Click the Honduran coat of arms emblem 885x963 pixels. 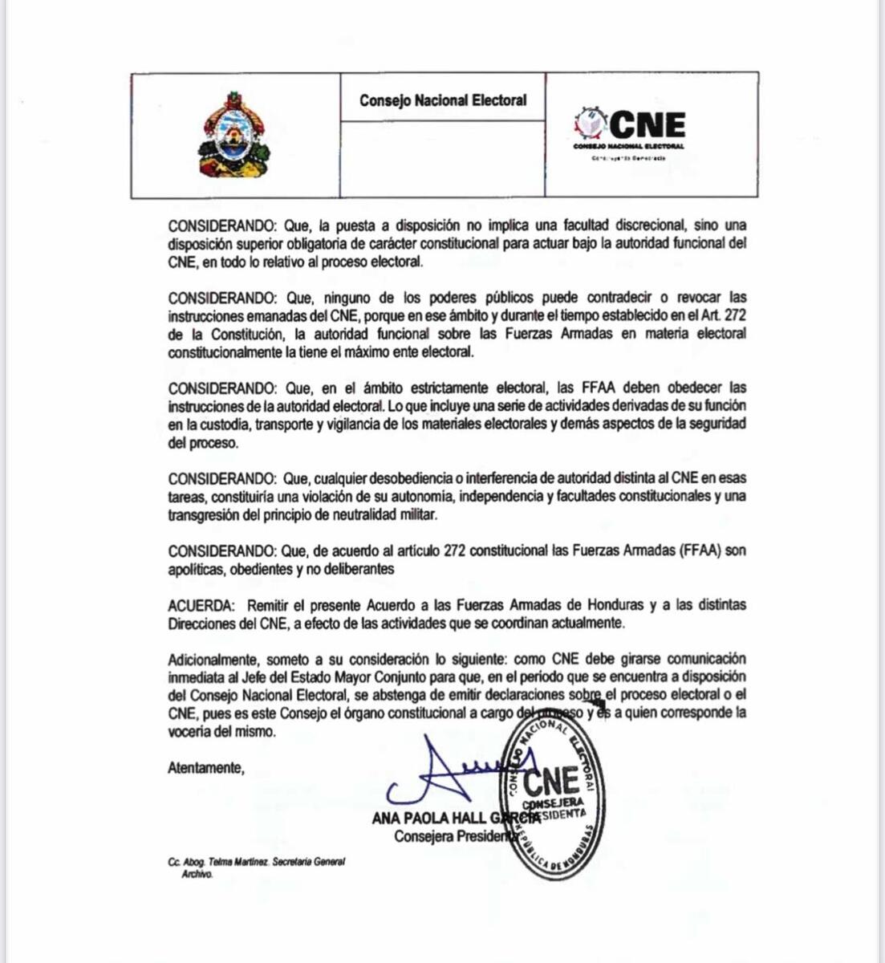pyautogui.click(x=234, y=135)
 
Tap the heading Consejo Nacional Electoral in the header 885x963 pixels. pyautogui.click(x=443, y=100)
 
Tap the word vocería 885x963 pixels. pyautogui.click(x=191, y=731)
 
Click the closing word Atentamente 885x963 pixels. pyautogui.click(x=205, y=768)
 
